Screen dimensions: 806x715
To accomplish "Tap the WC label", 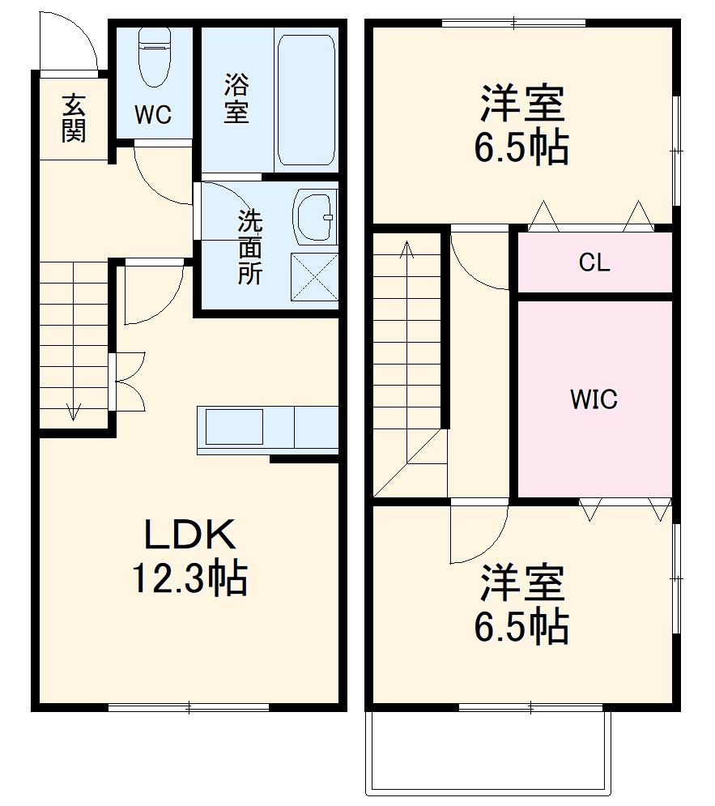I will pyautogui.click(x=153, y=116).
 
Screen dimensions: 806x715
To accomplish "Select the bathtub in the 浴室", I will pyautogui.click(x=306, y=99).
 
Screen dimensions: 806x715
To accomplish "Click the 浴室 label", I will pyautogui.click(x=236, y=98).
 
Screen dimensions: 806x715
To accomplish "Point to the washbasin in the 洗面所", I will pyautogui.click(x=314, y=217).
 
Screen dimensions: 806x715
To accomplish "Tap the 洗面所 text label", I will pyautogui.click(x=249, y=247).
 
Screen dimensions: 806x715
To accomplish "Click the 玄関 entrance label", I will pyautogui.click(x=74, y=118).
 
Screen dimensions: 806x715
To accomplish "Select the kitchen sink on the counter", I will pyautogui.click(x=234, y=427).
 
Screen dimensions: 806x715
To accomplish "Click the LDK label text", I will pyautogui.click(x=189, y=535).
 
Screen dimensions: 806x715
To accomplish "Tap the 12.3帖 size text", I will pyautogui.click(x=189, y=578).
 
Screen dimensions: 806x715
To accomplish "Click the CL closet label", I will pyautogui.click(x=594, y=263).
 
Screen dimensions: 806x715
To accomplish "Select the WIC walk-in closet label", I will pyautogui.click(x=594, y=399).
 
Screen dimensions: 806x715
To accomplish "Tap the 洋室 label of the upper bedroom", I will pyautogui.click(x=521, y=104).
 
